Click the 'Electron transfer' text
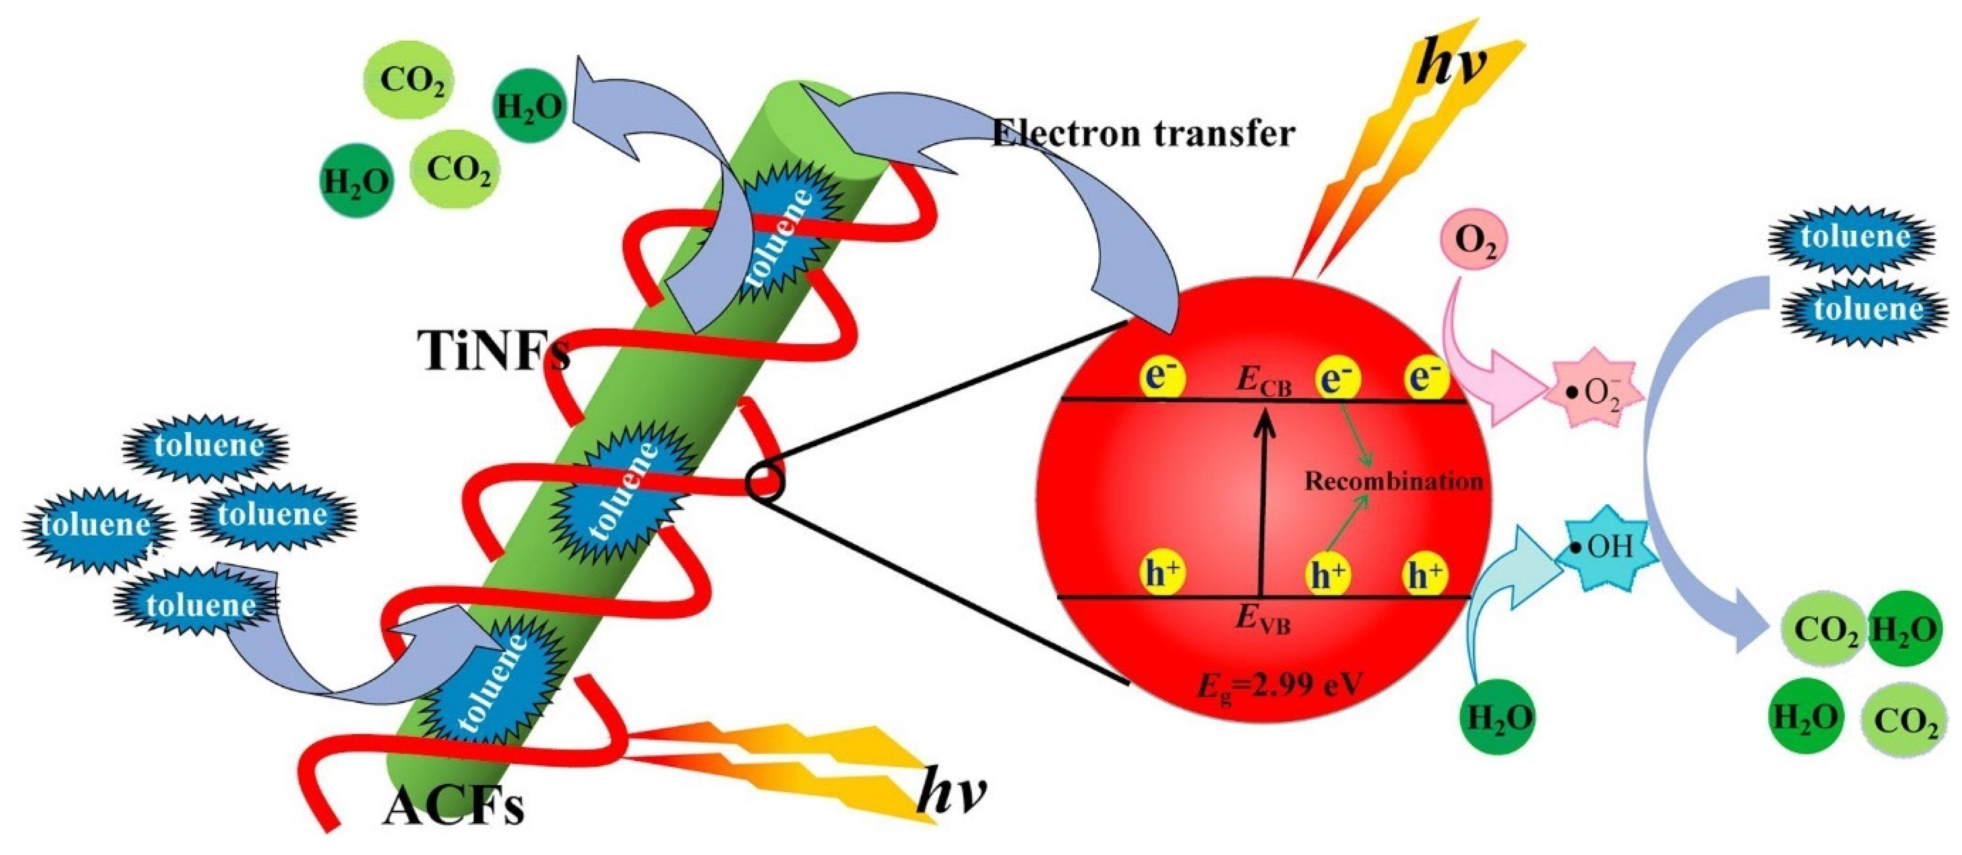(x=1143, y=134)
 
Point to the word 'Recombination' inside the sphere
(x=1393, y=481)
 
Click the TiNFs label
(x=493, y=352)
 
